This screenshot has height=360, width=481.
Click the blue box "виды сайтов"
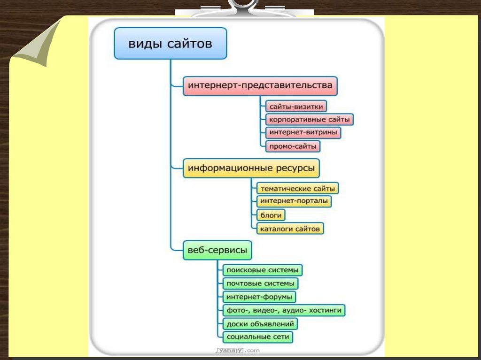tap(171, 44)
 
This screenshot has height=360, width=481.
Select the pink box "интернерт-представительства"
tap(260, 86)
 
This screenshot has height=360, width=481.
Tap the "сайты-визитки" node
tap(295, 107)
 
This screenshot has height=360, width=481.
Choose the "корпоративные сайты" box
tap(309, 120)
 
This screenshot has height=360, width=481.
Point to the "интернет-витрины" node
tap(303, 133)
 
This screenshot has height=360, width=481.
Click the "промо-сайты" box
tap(293, 146)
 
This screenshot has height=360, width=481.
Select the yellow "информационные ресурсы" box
tap(251, 168)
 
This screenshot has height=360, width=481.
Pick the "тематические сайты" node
tap(297, 188)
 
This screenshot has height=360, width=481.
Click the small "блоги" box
tap(271, 215)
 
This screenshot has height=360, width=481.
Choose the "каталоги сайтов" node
tap(290, 229)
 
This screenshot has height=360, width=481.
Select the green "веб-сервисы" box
tap(217, 250)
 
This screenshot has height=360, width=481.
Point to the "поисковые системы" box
tap(262, 270)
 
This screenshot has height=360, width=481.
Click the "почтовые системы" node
tap(260, 283)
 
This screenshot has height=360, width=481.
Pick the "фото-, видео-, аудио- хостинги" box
tap(284, 310)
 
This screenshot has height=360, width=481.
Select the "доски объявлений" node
tap(260, 324)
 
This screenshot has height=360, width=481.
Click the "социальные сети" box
tap(257, 337)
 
